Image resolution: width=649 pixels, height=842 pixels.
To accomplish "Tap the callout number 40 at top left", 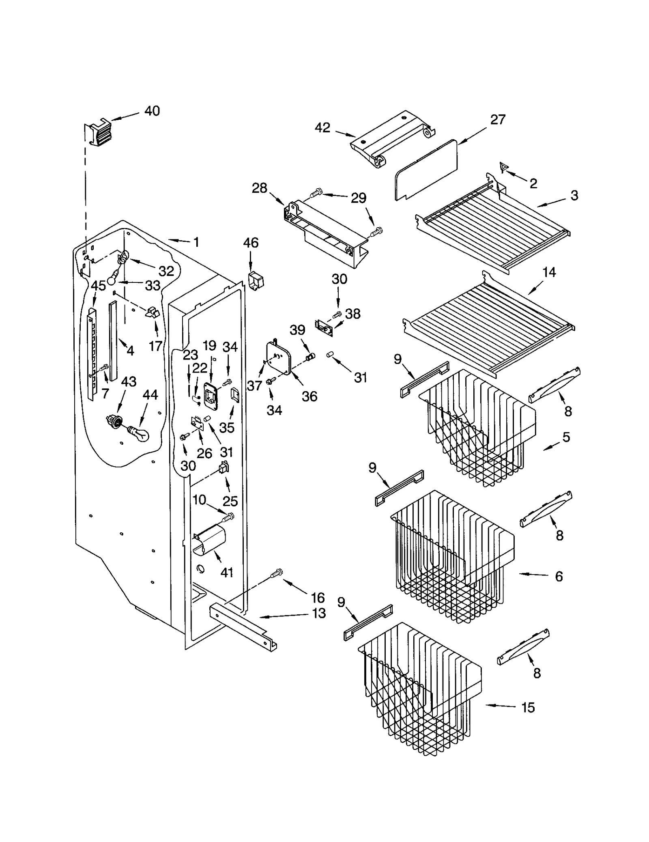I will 152,111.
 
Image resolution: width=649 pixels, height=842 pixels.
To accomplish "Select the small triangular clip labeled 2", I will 504,166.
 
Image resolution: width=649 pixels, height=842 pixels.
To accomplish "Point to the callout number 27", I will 498,120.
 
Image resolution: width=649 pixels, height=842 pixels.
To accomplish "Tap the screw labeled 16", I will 277,574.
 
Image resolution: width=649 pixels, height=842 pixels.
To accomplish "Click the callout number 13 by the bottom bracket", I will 319,614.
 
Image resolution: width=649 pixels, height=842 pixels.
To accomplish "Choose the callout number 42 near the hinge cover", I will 322,128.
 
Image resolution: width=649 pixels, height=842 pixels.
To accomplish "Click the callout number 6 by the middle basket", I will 559,576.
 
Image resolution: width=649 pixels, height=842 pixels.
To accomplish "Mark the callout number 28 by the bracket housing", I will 260,188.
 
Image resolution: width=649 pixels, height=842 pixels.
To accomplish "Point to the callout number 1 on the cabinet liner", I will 196,242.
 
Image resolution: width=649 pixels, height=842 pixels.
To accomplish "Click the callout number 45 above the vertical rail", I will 98,286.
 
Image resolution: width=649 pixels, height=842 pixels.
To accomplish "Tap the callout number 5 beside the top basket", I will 566,437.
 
